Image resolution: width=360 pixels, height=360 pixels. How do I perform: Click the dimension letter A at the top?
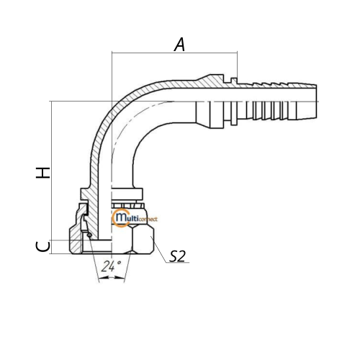[x=180, y=45]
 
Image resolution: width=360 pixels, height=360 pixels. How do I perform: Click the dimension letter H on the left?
[x=43, y=173]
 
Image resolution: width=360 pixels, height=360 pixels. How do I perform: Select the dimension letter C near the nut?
[x=43, y=247]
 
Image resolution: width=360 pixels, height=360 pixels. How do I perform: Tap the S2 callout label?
[x=177, y=256]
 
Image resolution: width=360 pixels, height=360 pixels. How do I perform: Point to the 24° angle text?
[x=111, y=266]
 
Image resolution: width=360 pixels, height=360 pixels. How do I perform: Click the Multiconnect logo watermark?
[x=135, y=218]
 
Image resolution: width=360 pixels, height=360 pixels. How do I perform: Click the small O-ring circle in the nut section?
[x=89, y=235]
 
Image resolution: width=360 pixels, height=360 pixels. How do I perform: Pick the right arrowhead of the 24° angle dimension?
[x=120, y=277]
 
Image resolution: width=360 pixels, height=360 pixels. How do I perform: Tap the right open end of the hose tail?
[x=316, y=102]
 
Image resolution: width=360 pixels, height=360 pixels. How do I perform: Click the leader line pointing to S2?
[x=158, y=250]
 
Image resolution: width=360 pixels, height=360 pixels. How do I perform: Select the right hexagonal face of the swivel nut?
[x=143, y=239]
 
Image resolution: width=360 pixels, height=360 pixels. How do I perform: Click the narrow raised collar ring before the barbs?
[x=234, y=102]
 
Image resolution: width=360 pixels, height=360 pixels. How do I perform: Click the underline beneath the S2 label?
[x=178, y=263]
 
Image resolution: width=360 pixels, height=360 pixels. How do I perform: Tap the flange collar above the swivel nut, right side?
[x=127, y=194]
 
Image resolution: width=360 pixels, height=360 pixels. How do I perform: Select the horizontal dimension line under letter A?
[x=174, y=53]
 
